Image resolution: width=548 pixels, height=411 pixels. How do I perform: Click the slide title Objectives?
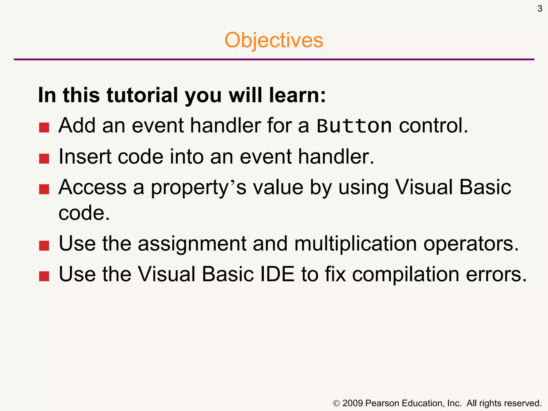(274, 40)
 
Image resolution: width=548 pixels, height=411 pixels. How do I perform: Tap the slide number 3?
(540, 9)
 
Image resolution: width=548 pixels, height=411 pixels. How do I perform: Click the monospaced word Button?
(354, 125)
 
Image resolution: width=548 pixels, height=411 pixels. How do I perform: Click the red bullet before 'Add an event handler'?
(44, 128)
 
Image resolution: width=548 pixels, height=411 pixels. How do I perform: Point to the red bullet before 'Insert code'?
(44, 158)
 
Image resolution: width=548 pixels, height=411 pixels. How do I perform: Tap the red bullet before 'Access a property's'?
(44, 189)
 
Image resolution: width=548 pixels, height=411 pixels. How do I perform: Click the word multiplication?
(355, 244)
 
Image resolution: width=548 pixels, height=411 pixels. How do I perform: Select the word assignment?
(192, 244)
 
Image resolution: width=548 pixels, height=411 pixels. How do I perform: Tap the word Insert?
(85, 156)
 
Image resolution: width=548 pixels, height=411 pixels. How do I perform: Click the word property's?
(198, 187)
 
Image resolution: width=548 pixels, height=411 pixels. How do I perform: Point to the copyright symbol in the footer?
(336, 403)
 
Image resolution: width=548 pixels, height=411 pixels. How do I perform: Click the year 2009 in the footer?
(352, 403)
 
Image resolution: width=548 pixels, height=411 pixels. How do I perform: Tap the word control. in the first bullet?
(433, 125)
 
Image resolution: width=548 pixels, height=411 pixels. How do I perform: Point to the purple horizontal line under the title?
(274, 59)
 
